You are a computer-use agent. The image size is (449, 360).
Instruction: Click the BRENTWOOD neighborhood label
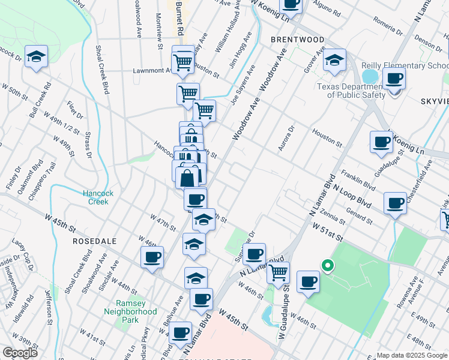click(297, 40)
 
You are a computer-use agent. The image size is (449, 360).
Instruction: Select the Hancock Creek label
click(95, 197)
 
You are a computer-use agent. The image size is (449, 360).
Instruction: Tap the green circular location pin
click(328, 264)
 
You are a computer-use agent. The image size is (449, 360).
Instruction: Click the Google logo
click(20, 353)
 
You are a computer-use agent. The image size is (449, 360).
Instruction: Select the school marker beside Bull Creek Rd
click(37, 58)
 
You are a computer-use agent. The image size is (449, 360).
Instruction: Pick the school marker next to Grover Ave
click(334, 60)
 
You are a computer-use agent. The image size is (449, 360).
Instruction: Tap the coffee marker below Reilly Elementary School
click(394, 79)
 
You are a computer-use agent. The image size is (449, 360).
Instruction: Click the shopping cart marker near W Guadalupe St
click(278, 272)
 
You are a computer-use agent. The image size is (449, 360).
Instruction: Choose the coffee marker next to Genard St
click(394, 203)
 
